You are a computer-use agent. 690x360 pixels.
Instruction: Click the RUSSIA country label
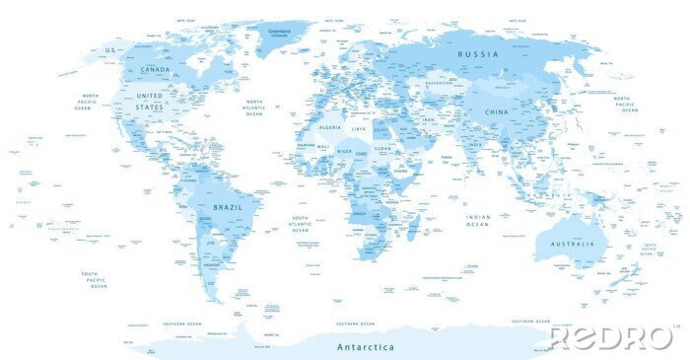pyautogui.click(x=482, y=53)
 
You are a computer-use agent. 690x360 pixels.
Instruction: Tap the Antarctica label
pyautogui.click(x=365, y=347)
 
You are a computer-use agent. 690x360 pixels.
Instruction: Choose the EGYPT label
pyautogui.click(x=381, y=129)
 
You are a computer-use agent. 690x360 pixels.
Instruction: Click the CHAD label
pyautogui.click(x=362, y=153)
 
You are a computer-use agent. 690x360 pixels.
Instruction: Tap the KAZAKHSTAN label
pyautogui.click(x=440, y=84)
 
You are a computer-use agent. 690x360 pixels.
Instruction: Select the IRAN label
pyautogui.click(x=428, y=119)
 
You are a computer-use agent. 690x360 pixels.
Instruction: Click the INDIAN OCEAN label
pyautogui.click(x=478, y=220)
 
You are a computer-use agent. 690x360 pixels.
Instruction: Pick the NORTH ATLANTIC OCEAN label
pyautogui.click(x=254, y=108)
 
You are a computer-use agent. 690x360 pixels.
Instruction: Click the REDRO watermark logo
pyautogui.click(x=611, y=337)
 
